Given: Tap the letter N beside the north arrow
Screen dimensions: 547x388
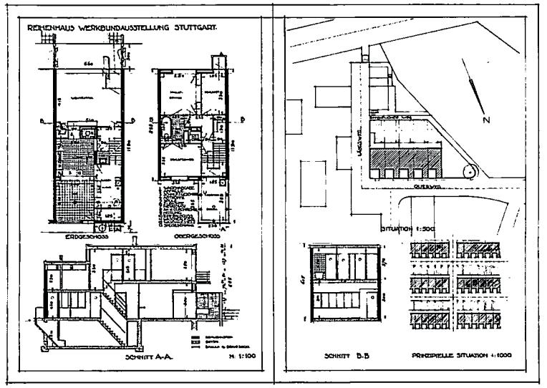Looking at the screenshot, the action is [x=486, y=120].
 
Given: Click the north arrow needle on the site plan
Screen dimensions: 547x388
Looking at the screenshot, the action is [x=474, y=92].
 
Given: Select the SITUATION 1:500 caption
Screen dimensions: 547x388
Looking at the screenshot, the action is [x=394, y=228].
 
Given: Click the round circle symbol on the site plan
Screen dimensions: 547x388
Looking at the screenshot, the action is [x=469, y=172].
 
